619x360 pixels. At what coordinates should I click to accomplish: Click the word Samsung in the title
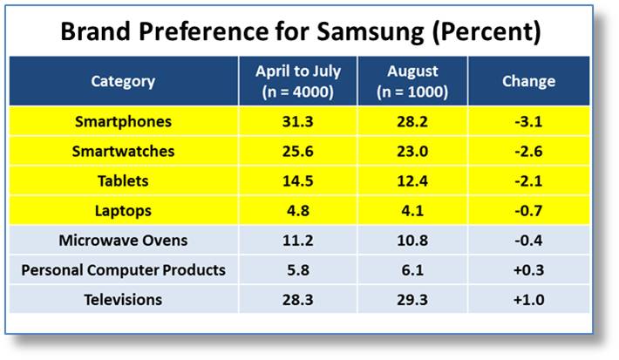pos(371,31)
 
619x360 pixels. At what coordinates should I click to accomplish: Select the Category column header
pos(123,81)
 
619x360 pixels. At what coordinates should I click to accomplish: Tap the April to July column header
pos(298,81)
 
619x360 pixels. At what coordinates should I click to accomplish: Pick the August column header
pos(412,81)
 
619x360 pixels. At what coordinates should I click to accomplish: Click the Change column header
pos(528,81)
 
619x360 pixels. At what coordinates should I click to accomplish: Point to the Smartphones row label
pos(123,121)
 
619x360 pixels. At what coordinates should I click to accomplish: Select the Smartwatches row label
pos(123,151)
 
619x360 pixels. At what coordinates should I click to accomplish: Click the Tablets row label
pos(123,180)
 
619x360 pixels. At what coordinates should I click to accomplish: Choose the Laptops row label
pos(123,211)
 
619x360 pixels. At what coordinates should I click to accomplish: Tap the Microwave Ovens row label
pos(123,241)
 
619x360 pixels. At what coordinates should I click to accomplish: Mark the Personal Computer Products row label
pos(123,270)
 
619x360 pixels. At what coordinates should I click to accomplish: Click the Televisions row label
pos(123,300)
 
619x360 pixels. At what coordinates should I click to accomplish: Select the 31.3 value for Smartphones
pos(297,121)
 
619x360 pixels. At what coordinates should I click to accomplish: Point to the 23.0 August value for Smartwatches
pos(412,151)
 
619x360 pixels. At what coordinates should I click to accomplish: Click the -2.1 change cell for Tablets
pos(528,180)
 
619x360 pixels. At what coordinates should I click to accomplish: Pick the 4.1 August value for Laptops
pos(412,211)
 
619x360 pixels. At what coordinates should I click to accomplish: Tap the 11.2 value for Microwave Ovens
pos(297,241)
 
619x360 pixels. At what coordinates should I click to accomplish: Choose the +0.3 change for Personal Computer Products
pos(528,270)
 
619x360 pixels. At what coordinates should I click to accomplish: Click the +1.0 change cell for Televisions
pos(528,300)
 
